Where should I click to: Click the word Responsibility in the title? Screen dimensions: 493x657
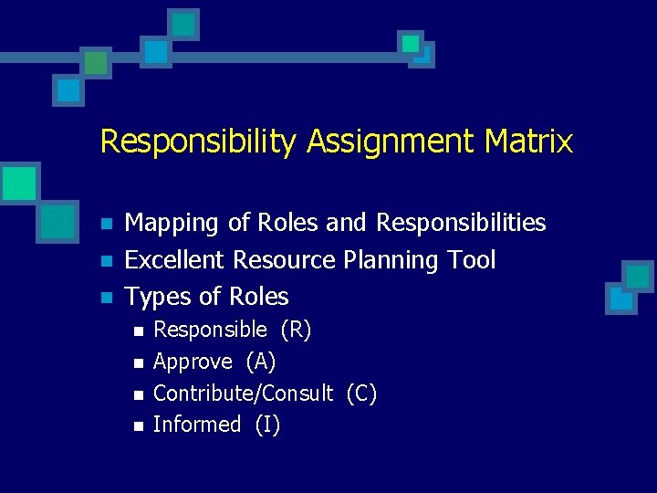[x=198, y=142]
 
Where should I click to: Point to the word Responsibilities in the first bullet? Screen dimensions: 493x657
[x=461, y=223]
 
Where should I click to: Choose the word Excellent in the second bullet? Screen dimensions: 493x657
[x=175, y=260]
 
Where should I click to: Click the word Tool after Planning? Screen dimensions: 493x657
[x=473, y=260]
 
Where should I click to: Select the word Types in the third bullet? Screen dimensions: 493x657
[x=157, y=298]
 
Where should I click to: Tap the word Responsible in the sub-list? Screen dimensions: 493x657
[x=210, y=330]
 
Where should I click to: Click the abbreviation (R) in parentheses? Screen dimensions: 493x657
[x=296, y=330]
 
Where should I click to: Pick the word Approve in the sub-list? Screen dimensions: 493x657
[x=193, y=362]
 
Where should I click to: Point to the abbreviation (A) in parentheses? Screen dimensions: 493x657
[x=261, y=362]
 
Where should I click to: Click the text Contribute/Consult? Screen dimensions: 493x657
[x=243, y=393]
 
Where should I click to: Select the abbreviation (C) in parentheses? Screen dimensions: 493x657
[x=361, y=393]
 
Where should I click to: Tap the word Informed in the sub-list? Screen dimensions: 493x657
[x=196, y=425]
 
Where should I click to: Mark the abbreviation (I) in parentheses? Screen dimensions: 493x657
[x=267, y=425]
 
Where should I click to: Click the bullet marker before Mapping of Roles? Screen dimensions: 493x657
[x=106, y=224]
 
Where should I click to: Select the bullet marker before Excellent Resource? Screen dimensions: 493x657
[x=106, y=261]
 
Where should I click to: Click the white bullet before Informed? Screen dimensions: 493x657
[x=137, y=425]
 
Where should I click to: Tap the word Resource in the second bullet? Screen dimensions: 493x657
[x=285, y=260]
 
